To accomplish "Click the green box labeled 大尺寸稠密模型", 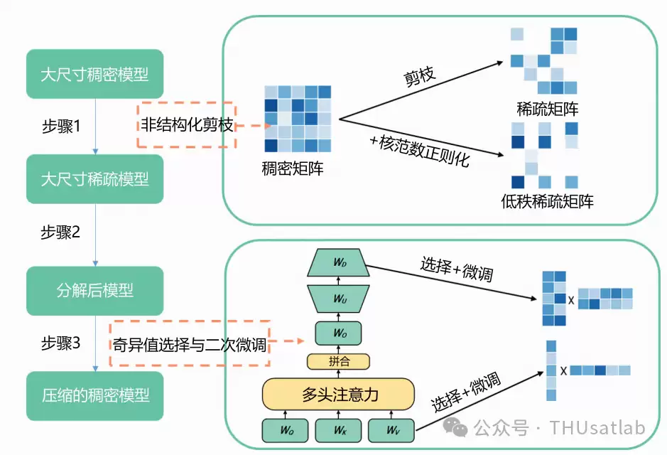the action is [95, 74].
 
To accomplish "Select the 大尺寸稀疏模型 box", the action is [95, 178].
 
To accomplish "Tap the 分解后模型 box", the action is [95, 291].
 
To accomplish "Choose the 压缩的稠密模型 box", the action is [95, 396].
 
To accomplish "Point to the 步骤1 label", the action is [61, 127].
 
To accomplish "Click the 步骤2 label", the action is [60, 232].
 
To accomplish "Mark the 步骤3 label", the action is [60, 343].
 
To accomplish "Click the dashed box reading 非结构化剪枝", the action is [187, 124].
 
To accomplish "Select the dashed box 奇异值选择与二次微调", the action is [190, 343].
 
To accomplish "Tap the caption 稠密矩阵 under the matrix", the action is [292, 168].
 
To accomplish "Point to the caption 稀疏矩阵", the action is [548, 109].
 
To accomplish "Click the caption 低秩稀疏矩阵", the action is [548, 201].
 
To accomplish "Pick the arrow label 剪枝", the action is [419, 77].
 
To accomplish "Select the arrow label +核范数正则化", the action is [420, 151].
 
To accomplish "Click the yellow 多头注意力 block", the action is [338, 394].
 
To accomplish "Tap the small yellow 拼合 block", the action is [339, 362].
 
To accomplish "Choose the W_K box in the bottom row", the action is [339, 430].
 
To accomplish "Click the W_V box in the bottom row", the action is [391, 430].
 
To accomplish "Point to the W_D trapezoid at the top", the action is [339, 262].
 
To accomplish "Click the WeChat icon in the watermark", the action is [455, 427].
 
